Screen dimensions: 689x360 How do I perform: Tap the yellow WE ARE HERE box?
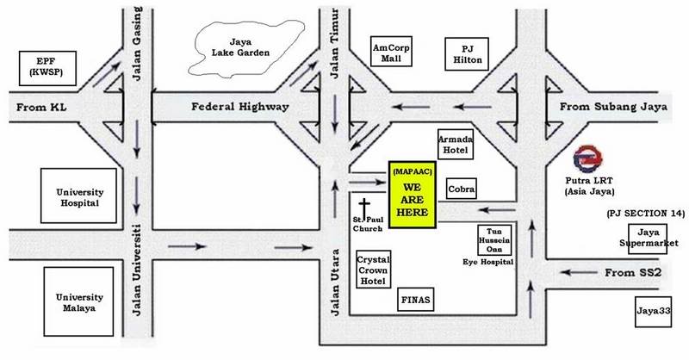tap(413, 195)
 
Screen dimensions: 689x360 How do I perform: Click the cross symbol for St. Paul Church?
tap(364, 208)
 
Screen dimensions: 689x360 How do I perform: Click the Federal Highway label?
tap(240, 107)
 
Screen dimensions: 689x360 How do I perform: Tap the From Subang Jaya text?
tap(613, 107)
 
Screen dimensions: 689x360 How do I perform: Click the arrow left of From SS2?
tap(579, 272)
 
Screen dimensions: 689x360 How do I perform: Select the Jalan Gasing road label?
tap(138, 44)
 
